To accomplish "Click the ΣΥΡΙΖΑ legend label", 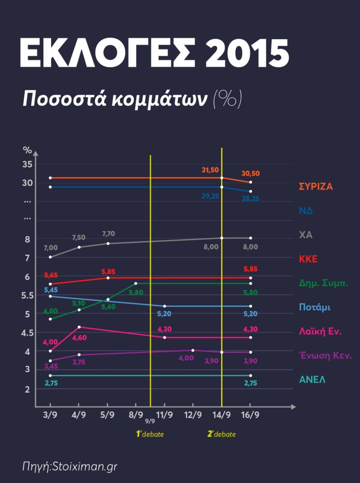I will pyautogui.click(x=316, y=186).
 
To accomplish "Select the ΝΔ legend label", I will pyautogui.click(x=306, y=211).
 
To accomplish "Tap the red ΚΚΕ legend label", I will pyautogui.click(x=308, y=259).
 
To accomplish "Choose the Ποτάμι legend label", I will pyautogui.click(x=315, y=307).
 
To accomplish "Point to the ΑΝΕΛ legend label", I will pyautogui.click(x=311, y=380).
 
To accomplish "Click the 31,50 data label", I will pyautogui.click(x=210, y=170).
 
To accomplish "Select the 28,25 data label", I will pyautogui.click(x=251, y=198).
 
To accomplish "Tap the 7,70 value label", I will pyautogui.click(x=108, y=234).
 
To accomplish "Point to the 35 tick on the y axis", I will pyautogui.click(x=27, y=164).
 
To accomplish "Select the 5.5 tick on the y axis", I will pyautogui.click(x=27, y=295).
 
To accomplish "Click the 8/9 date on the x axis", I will pyautogui.click(x=136, y=415).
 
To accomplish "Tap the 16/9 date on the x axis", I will pyautogui.click(x=251, y=415).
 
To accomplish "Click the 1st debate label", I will pyautogui.click(x=150, y=434).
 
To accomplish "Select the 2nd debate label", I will pyautogui.click(x=222, y=434).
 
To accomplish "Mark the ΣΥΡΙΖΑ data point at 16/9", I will pyautogui.click(x=251, y=182).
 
